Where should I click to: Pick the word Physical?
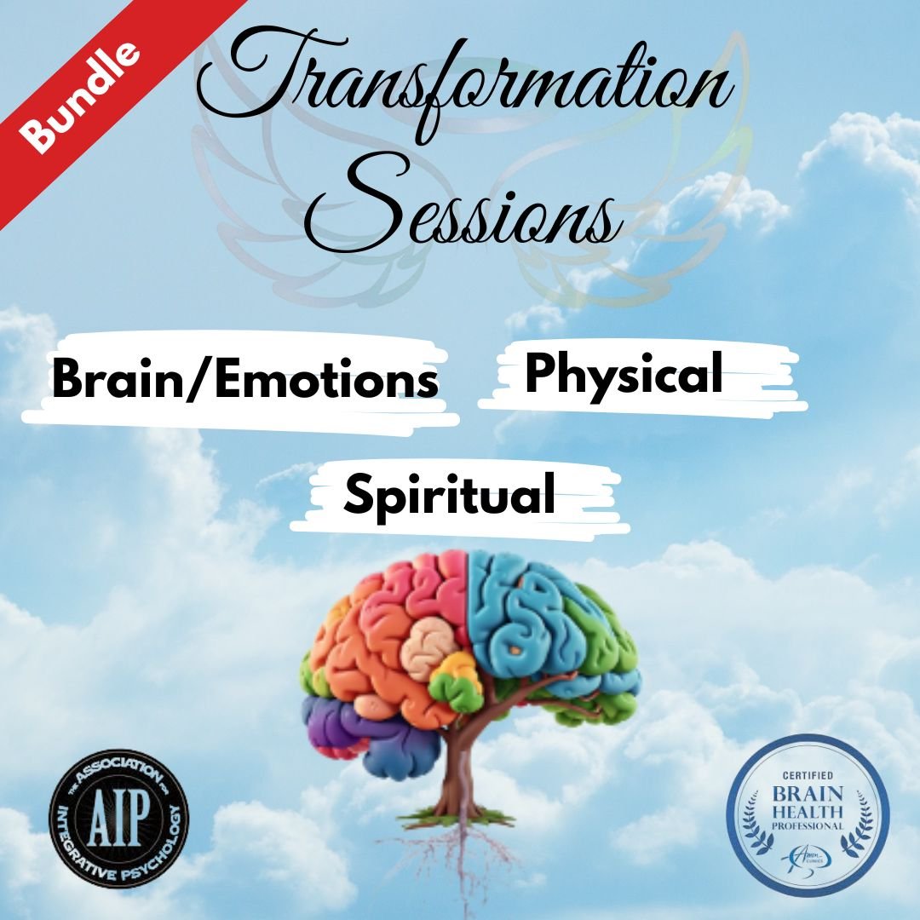pos(624,374)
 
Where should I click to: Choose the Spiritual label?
pos(449,495)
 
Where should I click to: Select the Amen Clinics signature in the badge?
pos(806,853)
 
